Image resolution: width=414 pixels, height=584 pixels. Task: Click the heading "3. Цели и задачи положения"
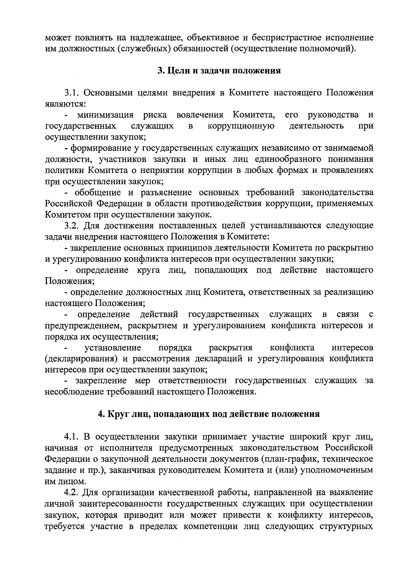(219, 71)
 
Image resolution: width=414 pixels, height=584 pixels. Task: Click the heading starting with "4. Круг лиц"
(209, 414)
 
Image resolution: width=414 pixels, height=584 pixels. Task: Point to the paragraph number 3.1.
(73, 93)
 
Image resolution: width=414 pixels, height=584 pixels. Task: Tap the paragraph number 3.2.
(73, 226)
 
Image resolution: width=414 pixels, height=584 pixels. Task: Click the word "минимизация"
(105, 115)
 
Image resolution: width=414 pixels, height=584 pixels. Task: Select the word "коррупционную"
(241, 126)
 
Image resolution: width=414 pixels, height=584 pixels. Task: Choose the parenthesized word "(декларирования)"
(82, 358)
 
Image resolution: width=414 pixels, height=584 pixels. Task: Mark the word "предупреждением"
(82, 325)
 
